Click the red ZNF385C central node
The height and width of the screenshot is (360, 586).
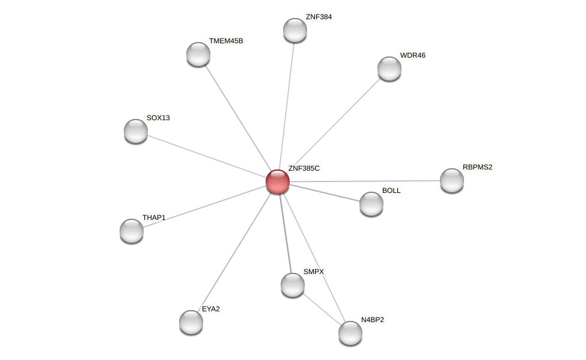point(278,181)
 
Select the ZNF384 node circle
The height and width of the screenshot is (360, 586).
point(295,30)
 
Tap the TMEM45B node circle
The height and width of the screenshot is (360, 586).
point(198,54)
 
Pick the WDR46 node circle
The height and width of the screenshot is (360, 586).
point(389,69)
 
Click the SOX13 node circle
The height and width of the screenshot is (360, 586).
point(136,131)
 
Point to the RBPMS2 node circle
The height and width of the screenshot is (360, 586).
point(452,180)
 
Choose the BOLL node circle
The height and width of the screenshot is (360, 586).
point(371,204)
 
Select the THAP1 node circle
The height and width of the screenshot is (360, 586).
point(132,231)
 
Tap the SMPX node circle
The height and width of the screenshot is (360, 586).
point(293,285)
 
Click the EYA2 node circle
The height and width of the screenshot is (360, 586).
point(191,322)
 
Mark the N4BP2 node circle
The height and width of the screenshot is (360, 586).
point(350,333)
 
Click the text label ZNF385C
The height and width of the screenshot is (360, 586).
point(304,168)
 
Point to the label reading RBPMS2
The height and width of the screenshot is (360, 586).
point(478,167)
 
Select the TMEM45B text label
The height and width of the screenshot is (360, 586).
point(226,41)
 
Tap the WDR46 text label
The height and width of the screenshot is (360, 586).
point(412,55)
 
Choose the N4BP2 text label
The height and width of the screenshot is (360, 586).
point(372,320)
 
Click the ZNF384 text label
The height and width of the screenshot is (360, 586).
point(319,17)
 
